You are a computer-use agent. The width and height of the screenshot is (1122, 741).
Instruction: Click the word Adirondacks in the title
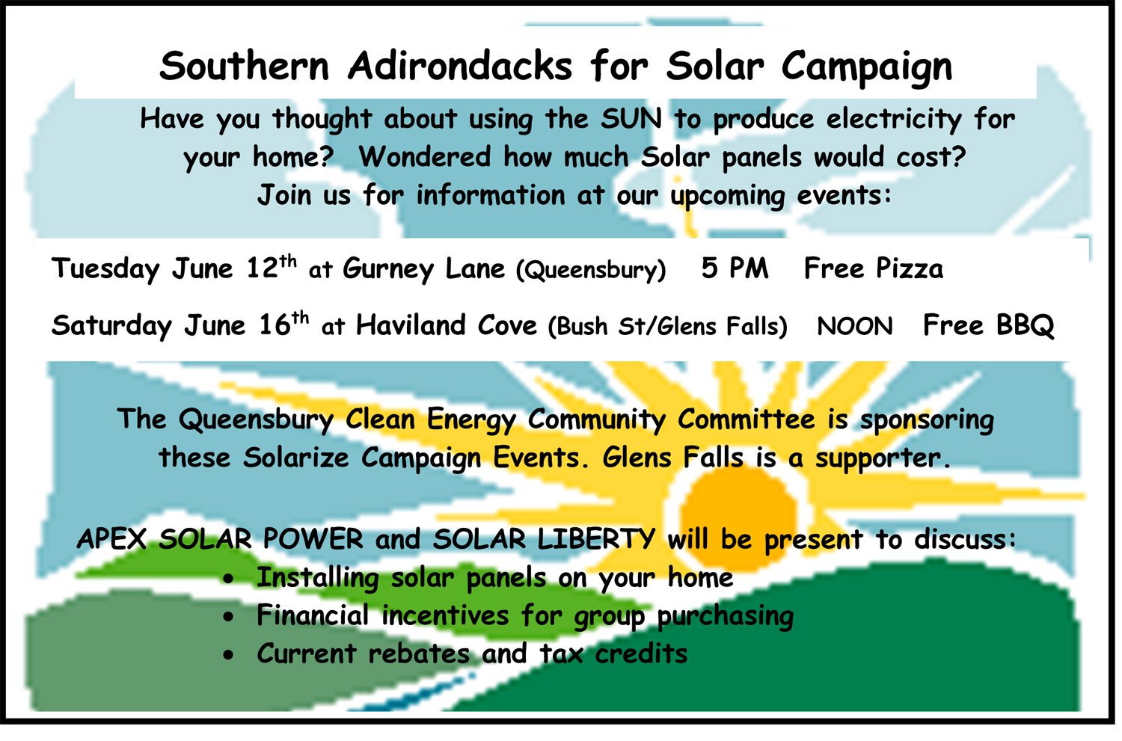460,66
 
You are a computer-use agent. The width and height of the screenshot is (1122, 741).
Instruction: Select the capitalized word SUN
631,119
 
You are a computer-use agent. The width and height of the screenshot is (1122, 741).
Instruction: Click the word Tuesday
105,269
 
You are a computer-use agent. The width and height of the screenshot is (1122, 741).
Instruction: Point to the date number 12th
272,267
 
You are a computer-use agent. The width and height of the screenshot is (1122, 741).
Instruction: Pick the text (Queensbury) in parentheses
591,271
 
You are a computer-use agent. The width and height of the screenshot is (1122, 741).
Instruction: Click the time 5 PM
735,268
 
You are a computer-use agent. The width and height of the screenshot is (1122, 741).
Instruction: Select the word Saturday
111,327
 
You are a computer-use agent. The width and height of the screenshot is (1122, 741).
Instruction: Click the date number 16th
283,324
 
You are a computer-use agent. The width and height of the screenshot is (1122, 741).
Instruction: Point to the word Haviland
411,325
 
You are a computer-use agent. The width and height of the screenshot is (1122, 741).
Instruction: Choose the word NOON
854,327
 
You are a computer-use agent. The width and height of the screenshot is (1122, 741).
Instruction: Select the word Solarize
296,458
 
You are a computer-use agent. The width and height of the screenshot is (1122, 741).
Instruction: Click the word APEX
111,539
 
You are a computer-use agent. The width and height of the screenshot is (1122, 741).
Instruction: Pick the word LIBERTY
596,539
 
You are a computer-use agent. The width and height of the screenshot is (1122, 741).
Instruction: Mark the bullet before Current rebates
228,655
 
